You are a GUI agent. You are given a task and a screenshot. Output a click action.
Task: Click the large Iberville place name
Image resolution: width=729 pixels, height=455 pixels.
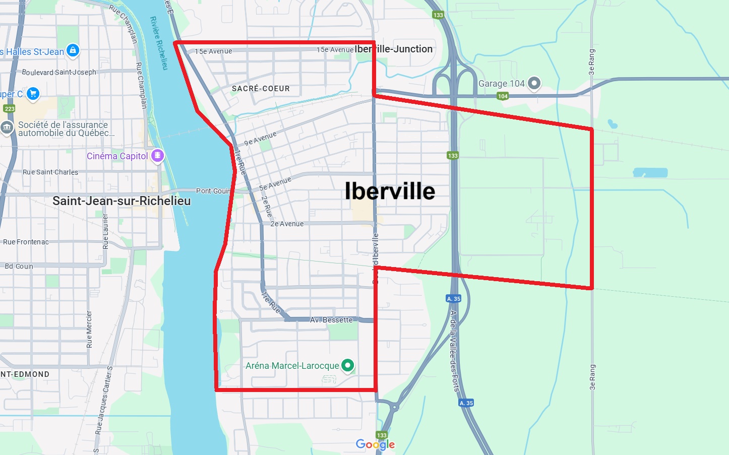[390, 191]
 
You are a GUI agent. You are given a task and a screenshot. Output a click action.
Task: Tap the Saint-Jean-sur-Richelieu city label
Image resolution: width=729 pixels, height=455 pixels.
[121, 201]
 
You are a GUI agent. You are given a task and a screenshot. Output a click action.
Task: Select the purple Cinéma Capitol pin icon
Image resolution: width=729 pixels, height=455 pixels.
[158, 156]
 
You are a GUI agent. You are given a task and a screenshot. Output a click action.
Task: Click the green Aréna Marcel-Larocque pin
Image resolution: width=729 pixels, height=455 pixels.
[347, 365]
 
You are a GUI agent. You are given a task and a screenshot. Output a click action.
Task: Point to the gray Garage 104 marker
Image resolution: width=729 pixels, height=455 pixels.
[534, 83]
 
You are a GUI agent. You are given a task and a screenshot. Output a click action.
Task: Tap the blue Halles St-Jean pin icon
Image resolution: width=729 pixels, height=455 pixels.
[73, 50]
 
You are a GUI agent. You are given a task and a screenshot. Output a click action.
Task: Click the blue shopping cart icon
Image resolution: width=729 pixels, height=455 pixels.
[33, 94]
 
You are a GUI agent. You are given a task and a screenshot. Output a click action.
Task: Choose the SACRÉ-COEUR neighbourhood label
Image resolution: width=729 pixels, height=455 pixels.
[261, 89]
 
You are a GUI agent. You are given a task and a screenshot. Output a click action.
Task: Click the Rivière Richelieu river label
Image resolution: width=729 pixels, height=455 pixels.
[159, 43]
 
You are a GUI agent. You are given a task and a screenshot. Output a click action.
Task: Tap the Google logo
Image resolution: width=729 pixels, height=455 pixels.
[375, 444]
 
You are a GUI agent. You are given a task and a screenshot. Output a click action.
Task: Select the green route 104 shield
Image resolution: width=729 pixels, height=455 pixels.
[503, 96]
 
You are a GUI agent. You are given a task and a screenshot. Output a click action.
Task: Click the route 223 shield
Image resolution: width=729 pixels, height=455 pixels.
[9, 108]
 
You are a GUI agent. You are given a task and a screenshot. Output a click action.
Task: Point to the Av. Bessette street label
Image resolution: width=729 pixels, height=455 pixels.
[331, 320]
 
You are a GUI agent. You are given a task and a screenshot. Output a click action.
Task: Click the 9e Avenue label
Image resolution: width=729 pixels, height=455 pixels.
[260, 139]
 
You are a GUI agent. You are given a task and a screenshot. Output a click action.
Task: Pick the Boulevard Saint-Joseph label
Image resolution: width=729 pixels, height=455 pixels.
[59, 72]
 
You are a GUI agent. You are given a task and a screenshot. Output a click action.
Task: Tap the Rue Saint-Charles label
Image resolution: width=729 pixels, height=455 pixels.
[50, 172]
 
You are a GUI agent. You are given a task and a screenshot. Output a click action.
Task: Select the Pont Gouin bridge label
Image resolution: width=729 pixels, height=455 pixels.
[213, 191]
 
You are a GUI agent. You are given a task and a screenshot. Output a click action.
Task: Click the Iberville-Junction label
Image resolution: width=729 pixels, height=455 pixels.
[393, 49]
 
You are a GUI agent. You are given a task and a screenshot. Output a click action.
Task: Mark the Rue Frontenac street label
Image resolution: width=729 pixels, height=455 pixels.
[26, 242]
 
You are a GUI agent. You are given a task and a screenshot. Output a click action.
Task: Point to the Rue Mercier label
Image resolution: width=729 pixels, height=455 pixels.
[89, 329]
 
